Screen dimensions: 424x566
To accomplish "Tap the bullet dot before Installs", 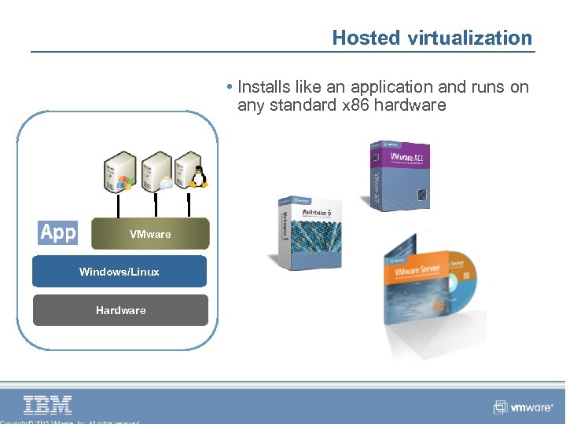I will coord(227,87).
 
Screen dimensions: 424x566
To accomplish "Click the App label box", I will coord(58,232).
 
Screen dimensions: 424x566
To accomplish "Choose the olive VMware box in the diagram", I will coord(150,234).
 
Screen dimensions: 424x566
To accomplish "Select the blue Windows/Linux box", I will coord(119,272).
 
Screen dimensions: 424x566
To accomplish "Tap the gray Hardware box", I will coord(120,310).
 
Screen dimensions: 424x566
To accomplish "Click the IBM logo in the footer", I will coord(48,404).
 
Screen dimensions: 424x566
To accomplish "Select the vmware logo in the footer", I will coord(524,408).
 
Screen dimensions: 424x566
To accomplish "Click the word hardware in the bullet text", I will coord(412,105).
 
